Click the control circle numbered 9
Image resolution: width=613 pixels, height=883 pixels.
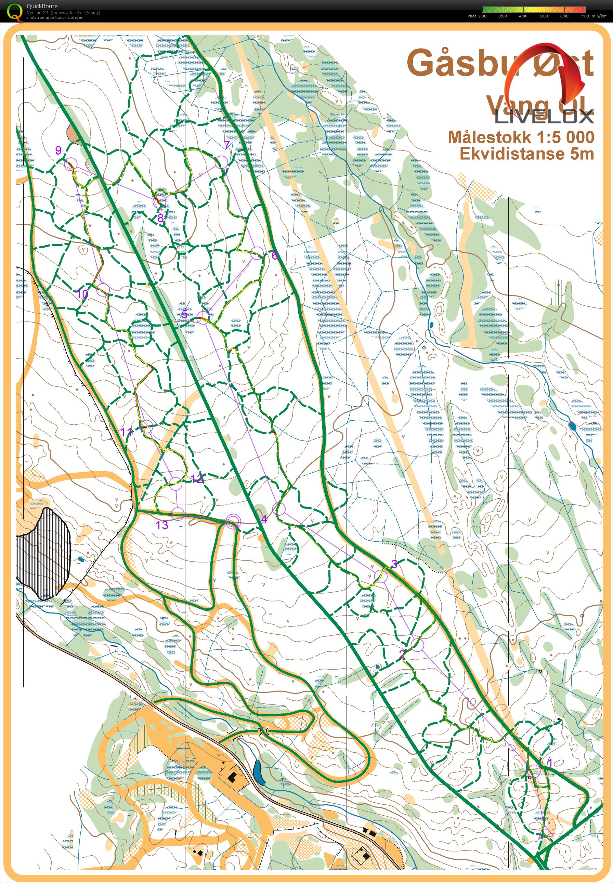tap(71, 164)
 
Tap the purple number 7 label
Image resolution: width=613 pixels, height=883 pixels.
tap(227, 145)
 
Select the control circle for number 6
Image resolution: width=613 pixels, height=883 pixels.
tap(257, 253)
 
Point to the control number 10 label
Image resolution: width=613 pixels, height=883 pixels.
tap(82, 294)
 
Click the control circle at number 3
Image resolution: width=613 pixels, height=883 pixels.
tap(381, 576)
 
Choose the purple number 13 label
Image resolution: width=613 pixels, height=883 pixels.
tap(162, 525)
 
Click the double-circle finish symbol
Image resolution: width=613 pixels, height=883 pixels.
tap(233, 522)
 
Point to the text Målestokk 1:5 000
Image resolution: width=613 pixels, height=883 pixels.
tap(521, 137)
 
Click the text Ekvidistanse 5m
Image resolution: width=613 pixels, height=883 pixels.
tap(526, 154)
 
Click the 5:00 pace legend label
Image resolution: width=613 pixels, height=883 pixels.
tap(544, 16)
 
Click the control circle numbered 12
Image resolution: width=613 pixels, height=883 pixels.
tap(175, 484)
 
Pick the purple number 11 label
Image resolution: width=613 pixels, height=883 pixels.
tap(126, 432)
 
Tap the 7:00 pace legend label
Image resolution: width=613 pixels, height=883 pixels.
tap(584, 16)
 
